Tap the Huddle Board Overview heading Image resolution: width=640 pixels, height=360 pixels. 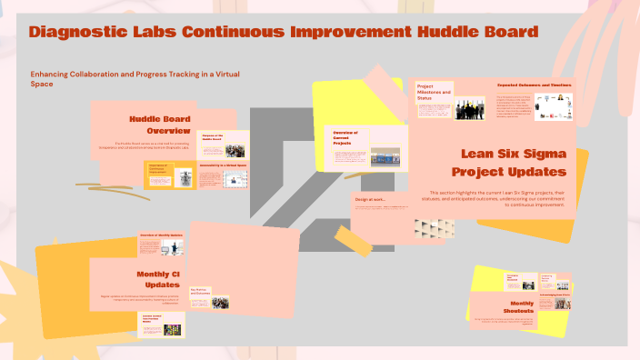tap(162, 125)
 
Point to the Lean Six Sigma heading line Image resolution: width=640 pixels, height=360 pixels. tap(514, 155)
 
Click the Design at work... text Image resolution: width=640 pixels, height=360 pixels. tap(369, 199)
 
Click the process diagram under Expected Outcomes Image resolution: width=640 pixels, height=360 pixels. tap(554, 106)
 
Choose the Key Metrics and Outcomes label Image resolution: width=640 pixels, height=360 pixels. tap(202, 292)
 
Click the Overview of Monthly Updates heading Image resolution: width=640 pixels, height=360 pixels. tap(161, 235)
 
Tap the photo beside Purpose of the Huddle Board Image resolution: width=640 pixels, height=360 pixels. tap(235, 151)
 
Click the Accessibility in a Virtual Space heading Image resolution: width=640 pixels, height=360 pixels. tap(222, 165)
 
